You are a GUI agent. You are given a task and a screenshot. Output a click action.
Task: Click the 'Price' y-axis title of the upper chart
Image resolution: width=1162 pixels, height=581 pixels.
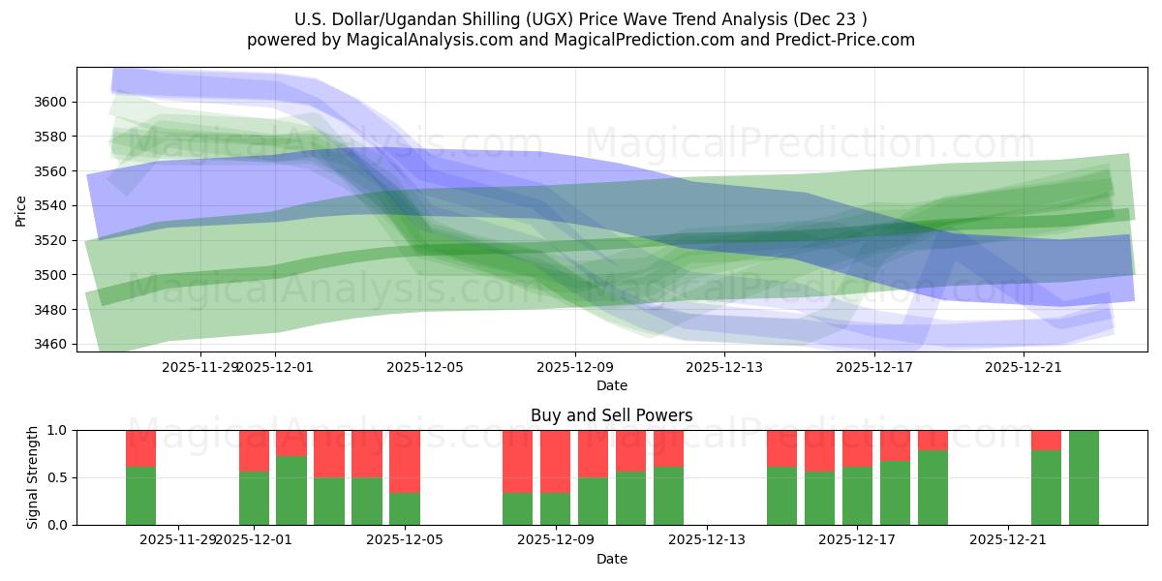point(21,209)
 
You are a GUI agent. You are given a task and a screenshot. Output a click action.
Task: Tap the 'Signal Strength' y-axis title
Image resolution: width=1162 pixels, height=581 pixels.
point(33,477)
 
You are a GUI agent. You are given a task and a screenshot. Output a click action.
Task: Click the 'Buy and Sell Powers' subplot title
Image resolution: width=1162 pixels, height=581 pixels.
point(611,415)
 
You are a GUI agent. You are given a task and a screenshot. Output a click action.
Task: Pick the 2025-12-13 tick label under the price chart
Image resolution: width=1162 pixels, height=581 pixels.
point(724,367)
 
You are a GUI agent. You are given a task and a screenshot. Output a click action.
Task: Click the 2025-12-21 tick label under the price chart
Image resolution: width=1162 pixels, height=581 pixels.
point(1024,367)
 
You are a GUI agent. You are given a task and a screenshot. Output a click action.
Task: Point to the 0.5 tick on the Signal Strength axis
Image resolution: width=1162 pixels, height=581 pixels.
point(57,477)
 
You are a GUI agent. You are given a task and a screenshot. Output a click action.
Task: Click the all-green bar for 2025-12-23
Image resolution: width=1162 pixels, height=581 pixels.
point(1084,477)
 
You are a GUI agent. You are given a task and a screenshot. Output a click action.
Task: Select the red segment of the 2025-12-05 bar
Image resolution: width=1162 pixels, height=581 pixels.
point(405,461)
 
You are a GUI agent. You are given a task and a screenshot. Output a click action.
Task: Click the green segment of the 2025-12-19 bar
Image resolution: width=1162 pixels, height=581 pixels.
point(933,487)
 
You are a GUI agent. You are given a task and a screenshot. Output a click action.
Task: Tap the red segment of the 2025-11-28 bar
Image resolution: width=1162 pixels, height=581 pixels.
point(140,448)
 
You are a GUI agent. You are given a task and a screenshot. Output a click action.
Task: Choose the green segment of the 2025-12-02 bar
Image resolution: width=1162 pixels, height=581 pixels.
point(291,490)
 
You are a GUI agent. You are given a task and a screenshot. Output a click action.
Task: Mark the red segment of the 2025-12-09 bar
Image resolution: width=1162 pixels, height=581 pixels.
point(556,461)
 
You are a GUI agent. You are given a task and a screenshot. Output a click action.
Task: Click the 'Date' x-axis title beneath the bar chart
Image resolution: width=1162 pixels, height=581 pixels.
point(611,559)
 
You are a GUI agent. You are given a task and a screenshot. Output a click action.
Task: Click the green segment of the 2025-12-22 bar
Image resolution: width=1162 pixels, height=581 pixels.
point(1046,487)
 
